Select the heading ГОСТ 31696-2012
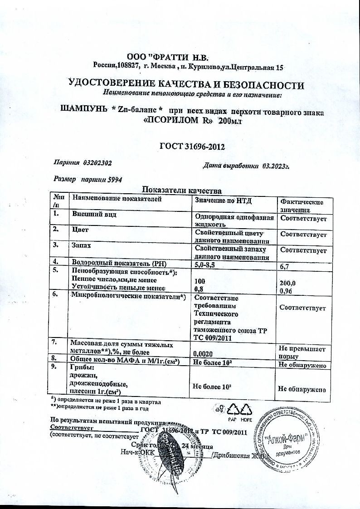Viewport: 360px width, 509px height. tap(193, 147)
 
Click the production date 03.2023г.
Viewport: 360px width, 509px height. tap(275, 166)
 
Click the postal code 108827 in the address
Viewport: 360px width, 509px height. tap(128, 67)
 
